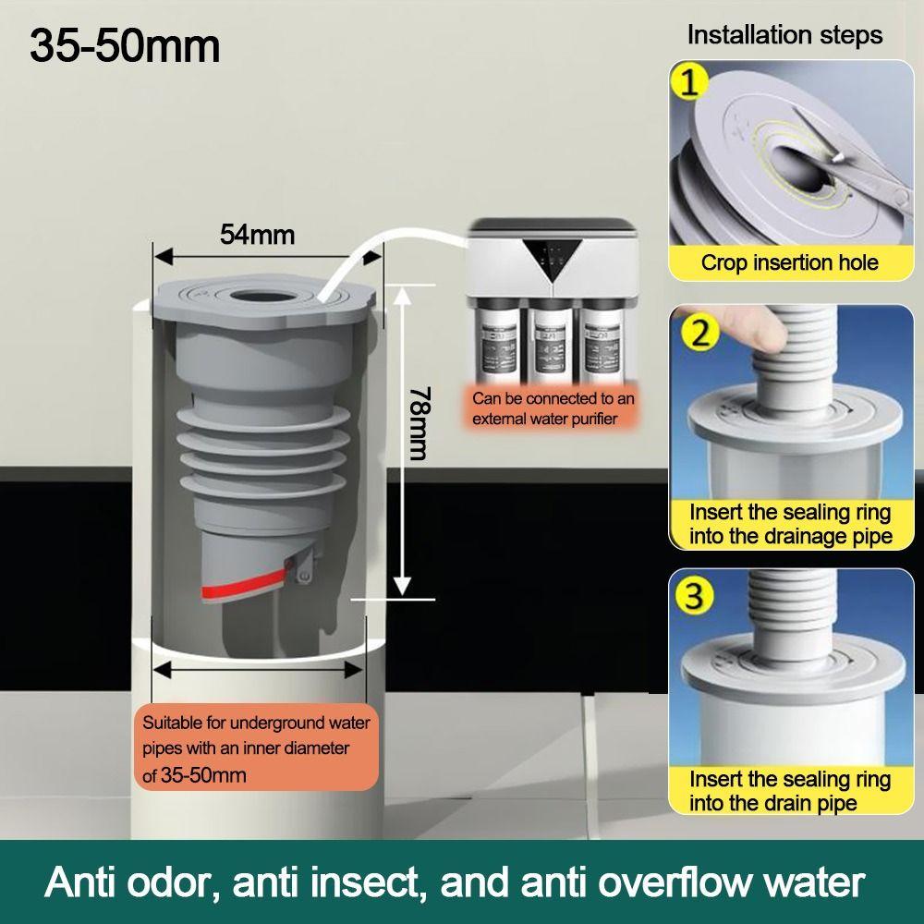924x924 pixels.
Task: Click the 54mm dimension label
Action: [x=257, y=234]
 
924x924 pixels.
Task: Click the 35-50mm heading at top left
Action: [x=125, y=46]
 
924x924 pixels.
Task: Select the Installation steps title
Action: [x=784, y=35]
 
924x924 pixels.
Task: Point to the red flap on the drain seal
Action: [x=240, y=590]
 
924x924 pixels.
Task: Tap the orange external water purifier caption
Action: [x=553, y=408]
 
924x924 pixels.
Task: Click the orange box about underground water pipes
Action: [x=256, y=748]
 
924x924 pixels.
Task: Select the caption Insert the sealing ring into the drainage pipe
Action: [x=790, y=524]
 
